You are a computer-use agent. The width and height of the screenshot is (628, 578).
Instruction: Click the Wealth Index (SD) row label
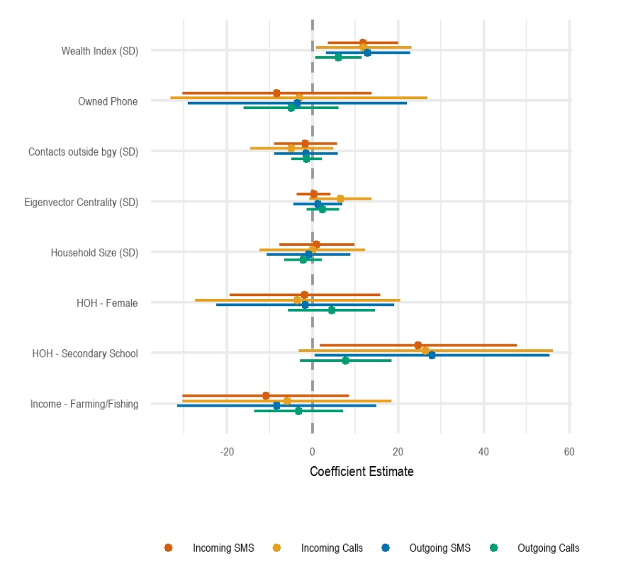(x=99, y=51)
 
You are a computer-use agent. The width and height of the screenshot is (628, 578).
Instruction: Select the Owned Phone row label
(x=108, y=101)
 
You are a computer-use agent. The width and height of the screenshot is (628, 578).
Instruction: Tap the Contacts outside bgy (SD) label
(x=83, y=152)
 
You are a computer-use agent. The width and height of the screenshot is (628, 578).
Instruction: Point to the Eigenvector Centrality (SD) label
(x=81, y=203)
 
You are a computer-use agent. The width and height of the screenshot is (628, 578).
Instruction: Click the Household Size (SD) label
(x=94, y=253)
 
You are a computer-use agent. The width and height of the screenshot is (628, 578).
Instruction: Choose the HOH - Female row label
(x=107, y=303)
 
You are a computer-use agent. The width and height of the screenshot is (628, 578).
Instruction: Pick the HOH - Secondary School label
(x=85, y=353)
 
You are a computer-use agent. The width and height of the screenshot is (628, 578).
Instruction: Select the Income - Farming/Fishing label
(x=84, y=404)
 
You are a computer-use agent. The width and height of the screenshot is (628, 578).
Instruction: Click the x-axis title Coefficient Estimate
(x=361, y=471)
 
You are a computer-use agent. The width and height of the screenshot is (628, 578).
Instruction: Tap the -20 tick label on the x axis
(x=227, y=451)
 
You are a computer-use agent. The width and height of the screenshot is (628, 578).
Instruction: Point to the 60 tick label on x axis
(x=569, y=451)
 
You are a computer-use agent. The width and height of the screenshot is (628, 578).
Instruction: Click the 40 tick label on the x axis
(x=483, y=451)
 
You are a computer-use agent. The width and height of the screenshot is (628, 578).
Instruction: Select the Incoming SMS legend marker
(x=168, y=548)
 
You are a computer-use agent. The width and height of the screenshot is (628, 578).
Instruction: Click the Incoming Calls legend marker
(x=276, y=548)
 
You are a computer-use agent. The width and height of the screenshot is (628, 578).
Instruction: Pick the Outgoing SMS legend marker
(x=385, y=548)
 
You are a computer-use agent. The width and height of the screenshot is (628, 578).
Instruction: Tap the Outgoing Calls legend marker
(x=493, y=548)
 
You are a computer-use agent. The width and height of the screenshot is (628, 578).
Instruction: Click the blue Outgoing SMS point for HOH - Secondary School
(x=432, y=355)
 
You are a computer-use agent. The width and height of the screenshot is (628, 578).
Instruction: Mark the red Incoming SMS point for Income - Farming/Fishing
(x=266, y=395)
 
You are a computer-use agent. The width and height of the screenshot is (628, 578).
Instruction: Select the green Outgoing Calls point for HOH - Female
(x=331, y=310)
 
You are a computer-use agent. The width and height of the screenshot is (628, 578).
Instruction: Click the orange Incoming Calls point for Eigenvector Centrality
(x=340, y=198)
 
